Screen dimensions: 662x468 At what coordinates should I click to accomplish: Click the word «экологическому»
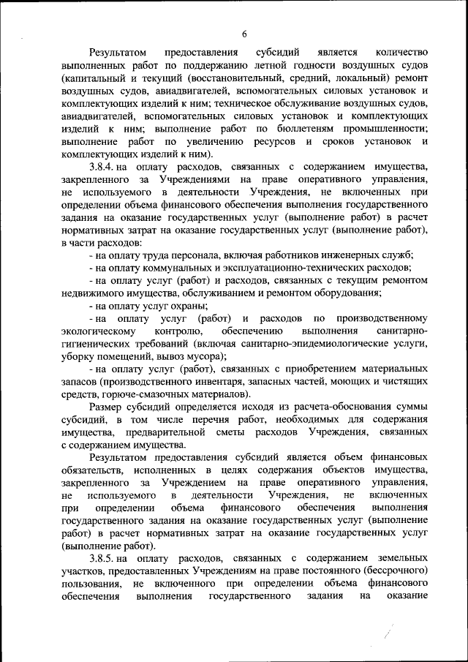97,331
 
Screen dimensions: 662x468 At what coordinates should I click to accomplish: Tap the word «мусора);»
205,357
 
